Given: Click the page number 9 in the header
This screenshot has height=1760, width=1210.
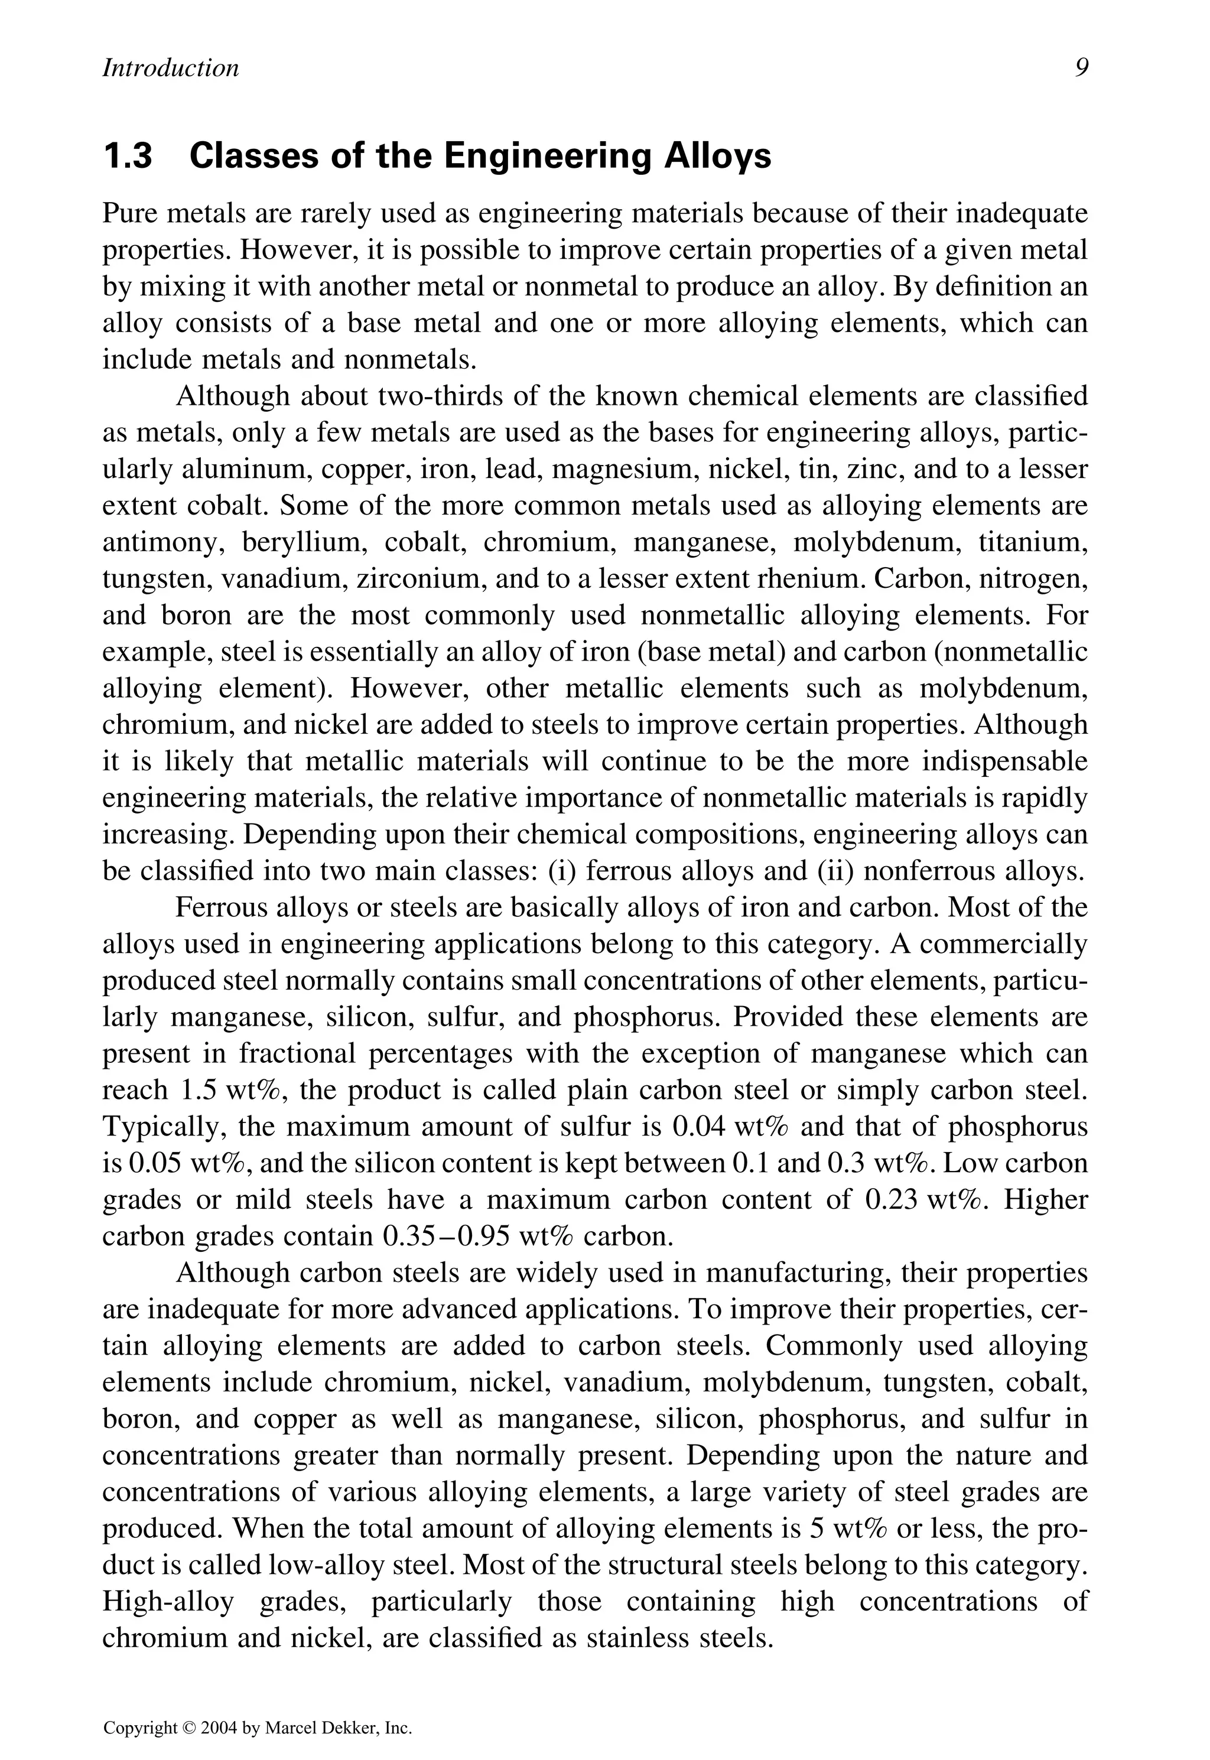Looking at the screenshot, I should (x=1081, y=68).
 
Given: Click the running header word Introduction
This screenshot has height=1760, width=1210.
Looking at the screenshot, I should (x=171, y=68).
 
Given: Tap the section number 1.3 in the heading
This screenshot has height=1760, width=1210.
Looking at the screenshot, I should (x=128, y=157).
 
